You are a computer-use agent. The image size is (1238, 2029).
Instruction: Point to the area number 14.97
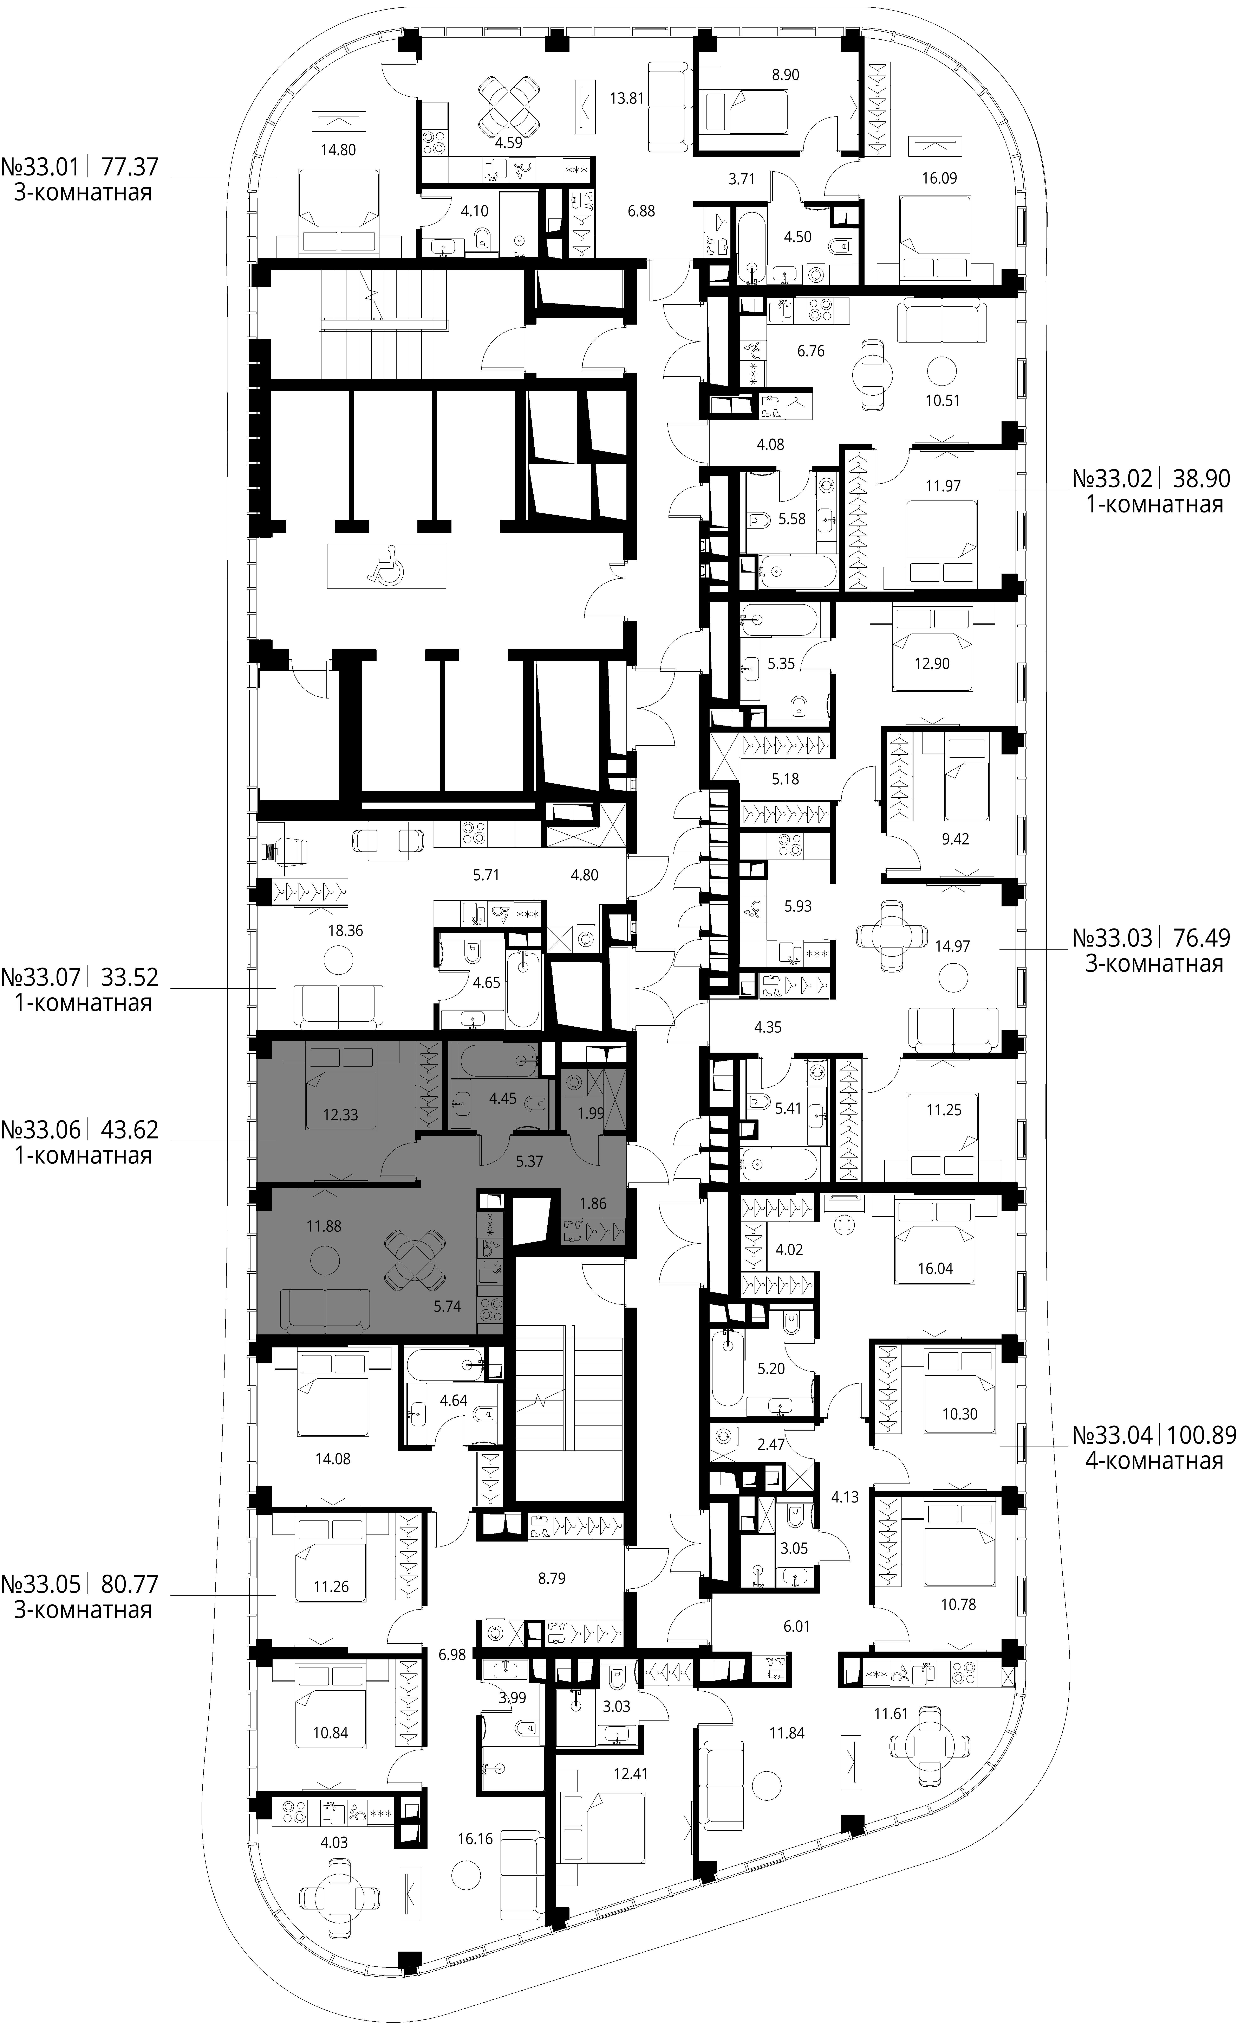952,946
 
